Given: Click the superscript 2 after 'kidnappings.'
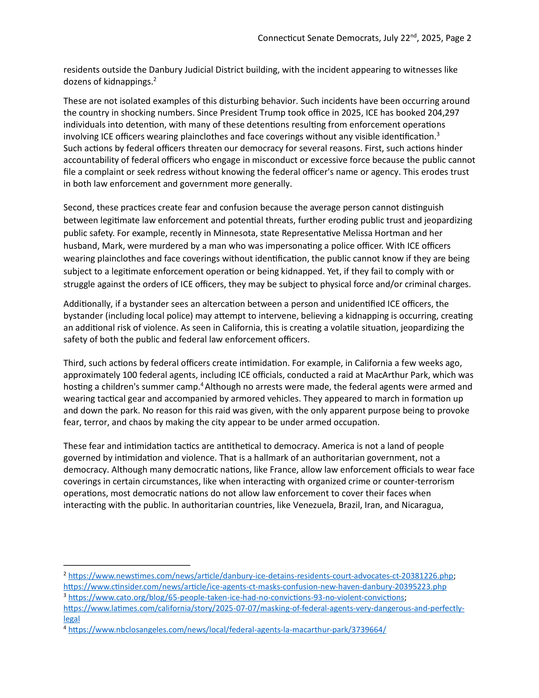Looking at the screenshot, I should pyautogui.click(x=154, y=79).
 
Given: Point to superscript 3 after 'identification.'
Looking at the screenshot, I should pyautogui.click(x=438, y=134).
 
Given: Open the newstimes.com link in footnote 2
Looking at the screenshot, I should pyautogui.click(x=261, y=576).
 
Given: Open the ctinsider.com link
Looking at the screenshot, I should pyautogui.click(x=255, y=587).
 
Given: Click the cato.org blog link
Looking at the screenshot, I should pyautogui.click(x=236, y=597).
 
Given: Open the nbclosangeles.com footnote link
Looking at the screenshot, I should pyautogui.click(x=227, y=629).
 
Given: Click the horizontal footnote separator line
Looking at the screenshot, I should pyautogui.click(x=127, y=565).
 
